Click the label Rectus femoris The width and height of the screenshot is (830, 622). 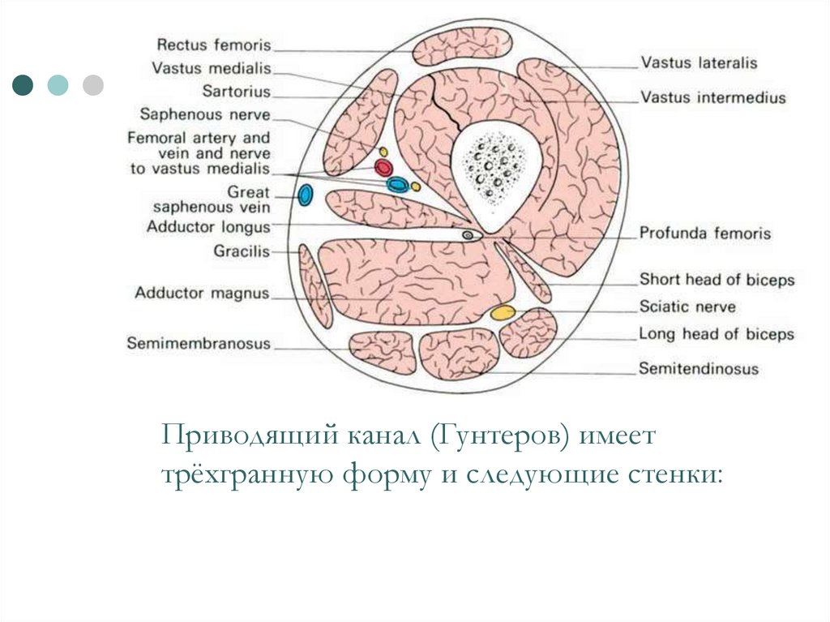click(214, 45)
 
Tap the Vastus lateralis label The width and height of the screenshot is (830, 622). click(699, 62)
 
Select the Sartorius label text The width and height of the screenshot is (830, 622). click(237, 92)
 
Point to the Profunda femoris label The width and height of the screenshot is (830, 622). click(705, 234)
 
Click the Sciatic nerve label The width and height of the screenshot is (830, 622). click(687, 307)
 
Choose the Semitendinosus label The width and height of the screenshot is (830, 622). click(699, 369)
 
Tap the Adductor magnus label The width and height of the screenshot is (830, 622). click(202, 293)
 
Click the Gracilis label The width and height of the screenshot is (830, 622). click(242, 251)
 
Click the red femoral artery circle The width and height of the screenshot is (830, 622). click(383, 168)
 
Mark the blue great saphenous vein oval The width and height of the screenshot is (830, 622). click(306, 195)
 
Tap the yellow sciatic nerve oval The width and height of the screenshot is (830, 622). click(503, 312)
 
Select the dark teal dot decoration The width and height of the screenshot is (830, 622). click(24, 84)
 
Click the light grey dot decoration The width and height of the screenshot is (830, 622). click(93, 84)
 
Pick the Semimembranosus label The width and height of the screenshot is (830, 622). click(199, 344)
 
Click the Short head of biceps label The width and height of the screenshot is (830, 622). click(717, 280)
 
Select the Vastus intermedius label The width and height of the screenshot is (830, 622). click(713, 98)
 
